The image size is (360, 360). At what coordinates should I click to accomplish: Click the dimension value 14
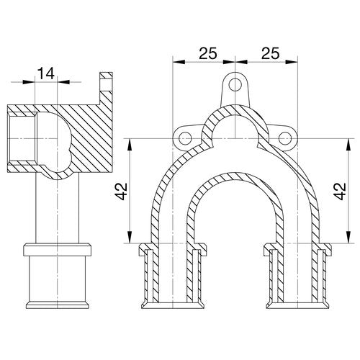pos(46,73)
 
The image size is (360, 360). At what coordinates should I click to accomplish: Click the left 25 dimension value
pos(208,53)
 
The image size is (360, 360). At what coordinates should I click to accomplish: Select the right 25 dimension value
pos(271,53)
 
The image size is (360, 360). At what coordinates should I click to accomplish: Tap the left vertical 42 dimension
pos(122,192)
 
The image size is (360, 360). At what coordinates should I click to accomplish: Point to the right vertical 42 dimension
pos(340,192)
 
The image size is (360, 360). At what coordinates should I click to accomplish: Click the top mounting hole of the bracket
pos(235,85)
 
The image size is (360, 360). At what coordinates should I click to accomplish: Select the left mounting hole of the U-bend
pos(185,139)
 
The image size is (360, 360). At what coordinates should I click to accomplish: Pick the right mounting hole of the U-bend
pos(285,139)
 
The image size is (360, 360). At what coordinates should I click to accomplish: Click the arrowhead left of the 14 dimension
pos(29,82)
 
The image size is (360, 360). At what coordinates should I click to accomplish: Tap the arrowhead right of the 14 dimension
pos(63,82)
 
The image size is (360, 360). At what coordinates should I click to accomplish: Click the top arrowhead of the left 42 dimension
pos(130,145)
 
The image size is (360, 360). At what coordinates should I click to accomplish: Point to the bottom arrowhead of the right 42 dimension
pos(348,237)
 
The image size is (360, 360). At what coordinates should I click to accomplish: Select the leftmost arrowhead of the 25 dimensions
pos(179,62)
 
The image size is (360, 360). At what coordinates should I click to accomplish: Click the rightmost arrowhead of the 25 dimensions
pos(292,62)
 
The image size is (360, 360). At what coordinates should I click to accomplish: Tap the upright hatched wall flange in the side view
pos(106,89)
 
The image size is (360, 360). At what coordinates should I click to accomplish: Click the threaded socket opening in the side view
pos(22,138)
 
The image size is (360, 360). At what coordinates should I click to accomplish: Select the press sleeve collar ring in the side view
pos(57,250)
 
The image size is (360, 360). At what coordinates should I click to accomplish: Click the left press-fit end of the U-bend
pos(173,276)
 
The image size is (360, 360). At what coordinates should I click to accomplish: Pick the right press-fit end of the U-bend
pos(297,276)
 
